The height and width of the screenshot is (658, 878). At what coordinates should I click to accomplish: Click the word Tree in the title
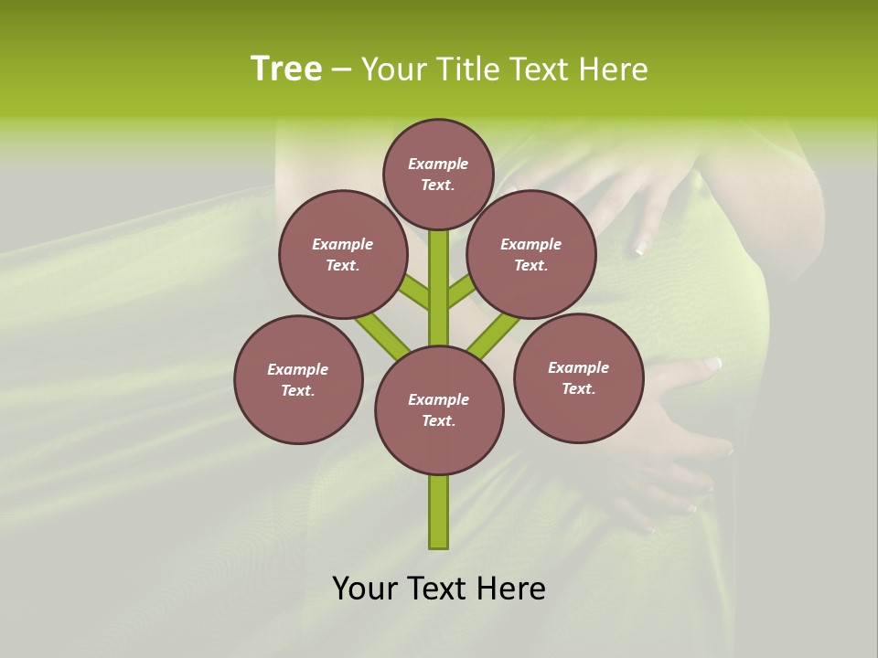coord(286,69)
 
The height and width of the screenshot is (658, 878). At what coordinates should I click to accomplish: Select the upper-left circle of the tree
coord(343,254)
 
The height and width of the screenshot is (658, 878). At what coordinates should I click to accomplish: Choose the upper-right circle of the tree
coord(531,254)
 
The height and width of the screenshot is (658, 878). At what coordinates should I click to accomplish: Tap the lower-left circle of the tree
coord(298,379)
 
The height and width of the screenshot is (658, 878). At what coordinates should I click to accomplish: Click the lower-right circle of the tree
coord(578,377)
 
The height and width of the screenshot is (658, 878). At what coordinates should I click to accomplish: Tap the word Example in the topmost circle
coord(438,164)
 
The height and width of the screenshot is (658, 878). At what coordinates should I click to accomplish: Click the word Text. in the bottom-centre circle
coord(438,421)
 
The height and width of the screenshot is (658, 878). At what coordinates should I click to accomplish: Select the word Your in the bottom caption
coord(366,589)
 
